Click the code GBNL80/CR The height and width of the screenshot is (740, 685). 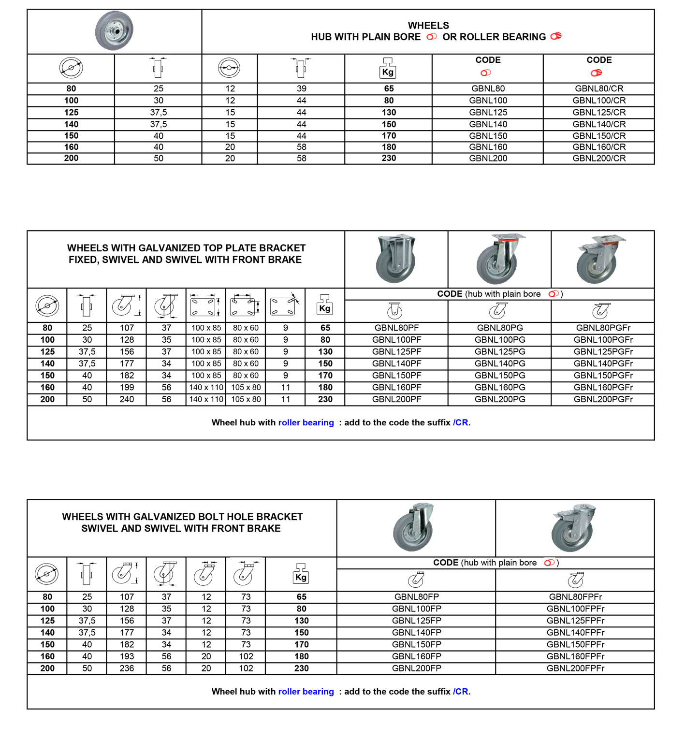click(599, 88)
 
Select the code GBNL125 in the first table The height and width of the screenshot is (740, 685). click(488, 112)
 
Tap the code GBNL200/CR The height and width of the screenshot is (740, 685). click(599, 158)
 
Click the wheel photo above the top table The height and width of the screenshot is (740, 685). click(114, 30)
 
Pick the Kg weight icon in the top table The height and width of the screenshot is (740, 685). click(388, 68)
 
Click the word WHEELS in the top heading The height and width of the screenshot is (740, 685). click(428, 26)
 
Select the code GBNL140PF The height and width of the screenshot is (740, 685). click(396, 363)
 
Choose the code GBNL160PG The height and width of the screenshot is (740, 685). click(500, 387)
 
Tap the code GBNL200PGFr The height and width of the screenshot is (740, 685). click(603, 399)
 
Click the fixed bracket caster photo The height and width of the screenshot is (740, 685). click(396, 259)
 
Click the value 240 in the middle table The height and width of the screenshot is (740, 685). click(127, 399)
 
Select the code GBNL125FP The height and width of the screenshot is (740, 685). click(416, 621)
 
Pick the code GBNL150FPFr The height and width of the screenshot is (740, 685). click(575, 644)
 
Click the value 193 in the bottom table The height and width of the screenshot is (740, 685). click(127, 656)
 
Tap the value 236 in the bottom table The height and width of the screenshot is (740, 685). click(127, 668)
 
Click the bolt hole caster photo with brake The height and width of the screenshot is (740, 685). click(574, 528)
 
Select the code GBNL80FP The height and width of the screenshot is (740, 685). click(416, 597)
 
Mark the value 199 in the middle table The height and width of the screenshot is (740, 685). click(127, 387)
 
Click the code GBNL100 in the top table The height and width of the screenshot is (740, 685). click(488, 101)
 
